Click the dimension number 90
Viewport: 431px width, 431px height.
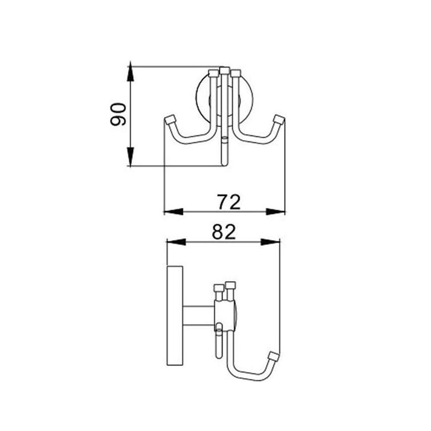[118, 114]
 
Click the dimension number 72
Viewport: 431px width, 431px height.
[229, 202]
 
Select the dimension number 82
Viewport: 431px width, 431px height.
[224, 232]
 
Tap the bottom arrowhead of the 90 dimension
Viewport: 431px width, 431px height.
[131, 157]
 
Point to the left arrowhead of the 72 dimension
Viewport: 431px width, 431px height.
[173, 212]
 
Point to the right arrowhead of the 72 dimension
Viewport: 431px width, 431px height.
[276, 212]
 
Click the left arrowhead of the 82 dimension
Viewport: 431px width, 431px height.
[176, 242]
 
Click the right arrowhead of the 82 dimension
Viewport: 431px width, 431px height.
[270, 242]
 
